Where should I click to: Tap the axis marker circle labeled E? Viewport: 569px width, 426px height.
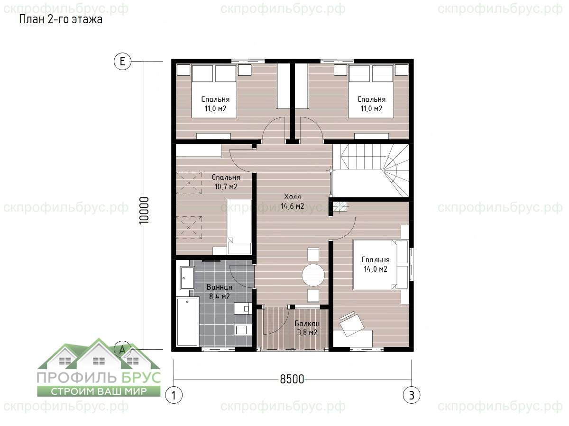(x=122, y=62)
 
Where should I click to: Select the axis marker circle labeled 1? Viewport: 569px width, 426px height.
(x=174, y=395)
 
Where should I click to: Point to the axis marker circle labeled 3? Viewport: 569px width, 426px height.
(x=412, y=395)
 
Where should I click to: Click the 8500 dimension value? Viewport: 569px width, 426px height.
(x=292, y=379)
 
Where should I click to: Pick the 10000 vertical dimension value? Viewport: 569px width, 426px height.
(x=145, y=210)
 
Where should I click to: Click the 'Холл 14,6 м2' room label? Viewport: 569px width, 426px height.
(x=293, y=201)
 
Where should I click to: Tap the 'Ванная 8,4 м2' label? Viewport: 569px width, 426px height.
(x=220, y=292)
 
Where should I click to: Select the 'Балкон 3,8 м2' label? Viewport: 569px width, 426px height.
(x=307, y=328)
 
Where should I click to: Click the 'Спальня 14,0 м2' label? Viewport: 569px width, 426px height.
(x=376, y=264)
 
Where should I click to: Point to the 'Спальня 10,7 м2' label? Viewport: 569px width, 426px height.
(x=226, y=182)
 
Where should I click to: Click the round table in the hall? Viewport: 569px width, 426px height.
(x=313, y=275)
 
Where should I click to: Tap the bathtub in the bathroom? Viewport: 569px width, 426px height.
(x=187, y=322)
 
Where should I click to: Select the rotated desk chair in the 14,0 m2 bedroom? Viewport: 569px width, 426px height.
(x=351, y=324)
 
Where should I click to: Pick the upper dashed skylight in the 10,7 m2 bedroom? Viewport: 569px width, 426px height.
(x=189, y=183)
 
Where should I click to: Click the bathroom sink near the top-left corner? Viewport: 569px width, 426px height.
(x=187, y=278)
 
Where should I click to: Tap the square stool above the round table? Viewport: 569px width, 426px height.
(x=313, y=254)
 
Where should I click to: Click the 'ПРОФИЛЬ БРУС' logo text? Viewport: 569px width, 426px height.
(x=99, y=377)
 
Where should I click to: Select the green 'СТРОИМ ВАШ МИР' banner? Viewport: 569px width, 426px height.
(x=99, y=391)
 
